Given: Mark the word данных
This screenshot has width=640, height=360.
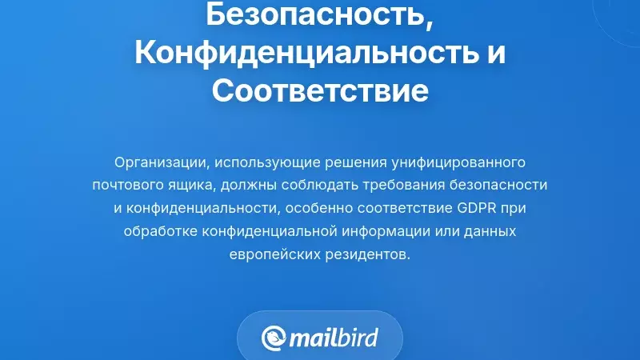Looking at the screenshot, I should (x=486, y=231).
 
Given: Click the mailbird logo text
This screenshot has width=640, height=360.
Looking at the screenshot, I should (x=333, y=337).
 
